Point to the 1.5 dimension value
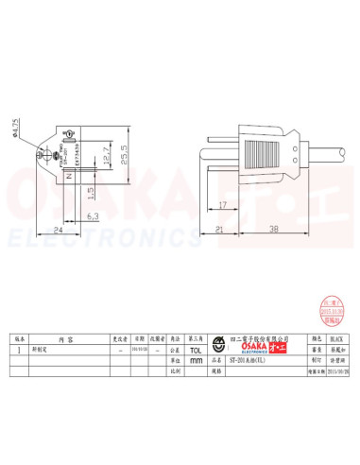click(x=92, y=193)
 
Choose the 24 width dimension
click(x=58, y=229)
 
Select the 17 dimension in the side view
click(x=221, y=205)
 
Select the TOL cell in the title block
click(x=197, y=349)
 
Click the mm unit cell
click(x=197, y=360)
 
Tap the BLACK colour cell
click(x=337, y=337)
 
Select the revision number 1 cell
click(x=21, y=349)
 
